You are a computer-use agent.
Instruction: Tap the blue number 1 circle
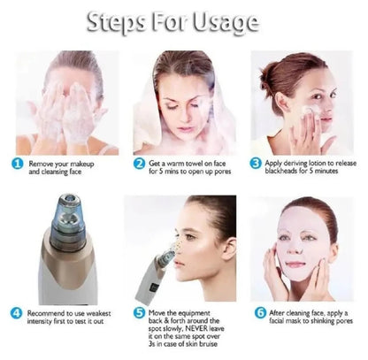(18, 164)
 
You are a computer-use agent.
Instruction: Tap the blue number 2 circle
(139, 164)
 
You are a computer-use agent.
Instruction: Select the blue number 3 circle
(255, 164)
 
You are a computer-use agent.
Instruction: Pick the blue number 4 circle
(18, 313)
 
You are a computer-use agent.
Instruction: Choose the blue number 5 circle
(139, 313)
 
